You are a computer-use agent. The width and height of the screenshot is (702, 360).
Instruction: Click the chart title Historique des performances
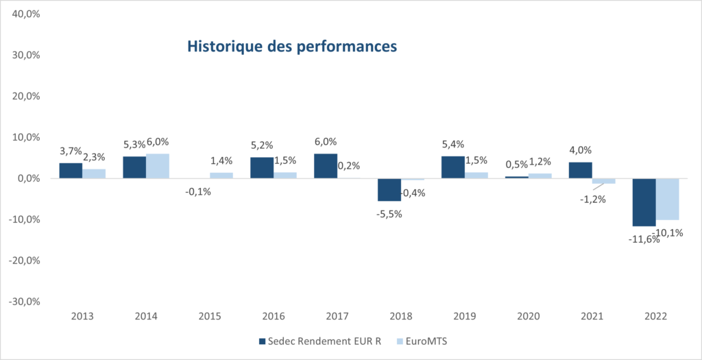(x=293, y=47)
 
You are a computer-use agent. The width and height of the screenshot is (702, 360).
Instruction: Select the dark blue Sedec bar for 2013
(x=71, y=171)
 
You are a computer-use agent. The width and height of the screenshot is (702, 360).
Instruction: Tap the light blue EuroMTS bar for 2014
(x=158, y=166)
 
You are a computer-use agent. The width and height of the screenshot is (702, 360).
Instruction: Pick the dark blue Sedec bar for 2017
(x=326, y=166)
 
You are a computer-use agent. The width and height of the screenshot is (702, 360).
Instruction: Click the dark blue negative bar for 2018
(x=389, y=189)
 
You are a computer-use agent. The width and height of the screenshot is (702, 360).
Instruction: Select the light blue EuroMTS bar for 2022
(x=667, y=199)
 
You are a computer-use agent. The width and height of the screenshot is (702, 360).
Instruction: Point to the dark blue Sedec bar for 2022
(x=644, y=202)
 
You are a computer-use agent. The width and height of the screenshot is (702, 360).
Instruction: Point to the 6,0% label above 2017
(x=326, y=141)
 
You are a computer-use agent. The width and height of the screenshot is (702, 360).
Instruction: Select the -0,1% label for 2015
(x=198, y=192)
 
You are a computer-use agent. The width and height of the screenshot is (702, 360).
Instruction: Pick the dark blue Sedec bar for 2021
(x=581, y=170)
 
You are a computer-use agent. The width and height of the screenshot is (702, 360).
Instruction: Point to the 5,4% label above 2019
(x=454, y=144)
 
